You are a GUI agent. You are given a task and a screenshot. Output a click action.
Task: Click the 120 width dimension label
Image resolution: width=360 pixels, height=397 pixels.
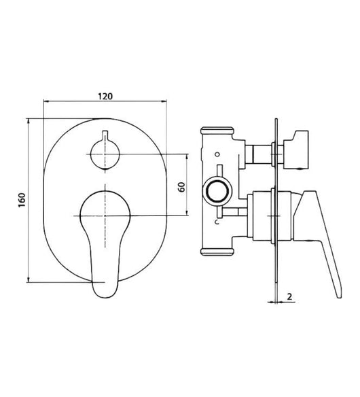[105, 97]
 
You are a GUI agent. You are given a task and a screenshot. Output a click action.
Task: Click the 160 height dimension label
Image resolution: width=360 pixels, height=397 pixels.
[22, 201]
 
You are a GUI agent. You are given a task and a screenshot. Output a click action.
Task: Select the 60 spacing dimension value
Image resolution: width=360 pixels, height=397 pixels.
[182, 187]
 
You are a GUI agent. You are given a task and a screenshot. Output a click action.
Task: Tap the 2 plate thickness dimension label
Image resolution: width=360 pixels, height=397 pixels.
[289, 296]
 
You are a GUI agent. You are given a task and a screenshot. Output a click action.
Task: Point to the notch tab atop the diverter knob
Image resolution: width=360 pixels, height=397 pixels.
[105, 135]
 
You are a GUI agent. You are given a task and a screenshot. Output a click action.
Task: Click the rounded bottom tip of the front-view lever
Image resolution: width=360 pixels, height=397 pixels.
[105, 295]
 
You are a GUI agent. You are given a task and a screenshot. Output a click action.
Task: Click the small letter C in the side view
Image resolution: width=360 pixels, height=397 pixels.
[217, 222]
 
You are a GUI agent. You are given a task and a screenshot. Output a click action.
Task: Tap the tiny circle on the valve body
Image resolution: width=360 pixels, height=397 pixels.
[217, 154]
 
